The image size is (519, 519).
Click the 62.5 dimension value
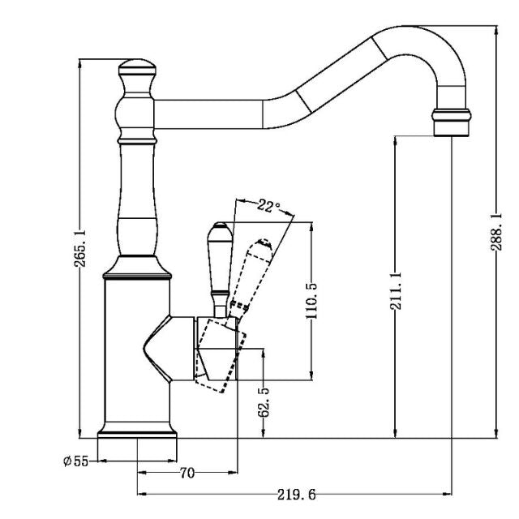[x=264, y=401]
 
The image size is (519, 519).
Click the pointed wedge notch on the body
[x=158, y=350]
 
